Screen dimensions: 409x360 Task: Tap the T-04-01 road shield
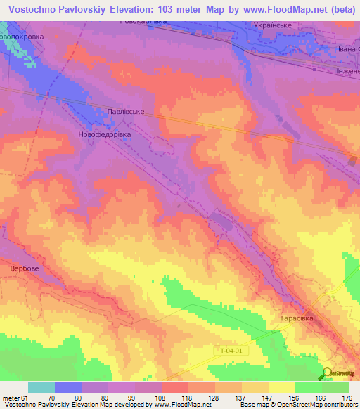pos(227,349)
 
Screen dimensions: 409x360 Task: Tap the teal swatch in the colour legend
pos(41,387)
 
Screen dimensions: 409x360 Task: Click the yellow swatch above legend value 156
pos(281,387)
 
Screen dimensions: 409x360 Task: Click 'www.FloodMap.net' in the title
pos(274,8)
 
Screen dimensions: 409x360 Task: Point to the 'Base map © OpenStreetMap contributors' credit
pos(297,405)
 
